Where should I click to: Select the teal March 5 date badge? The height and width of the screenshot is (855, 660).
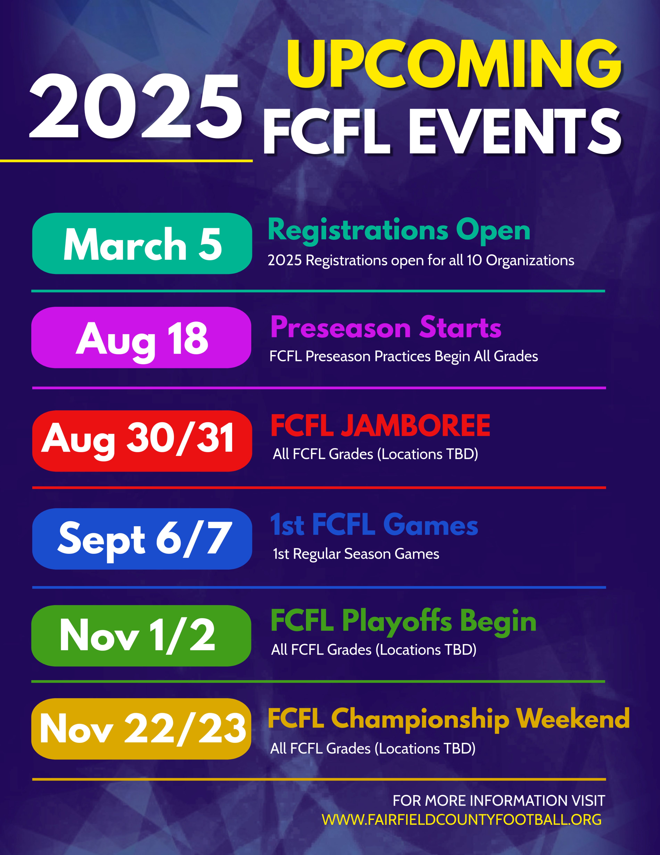142,243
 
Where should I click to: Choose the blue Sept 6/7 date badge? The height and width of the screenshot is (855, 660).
142,539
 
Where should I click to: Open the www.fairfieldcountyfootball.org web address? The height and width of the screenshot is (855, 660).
461,819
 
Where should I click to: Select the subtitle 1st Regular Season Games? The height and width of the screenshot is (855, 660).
356,554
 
